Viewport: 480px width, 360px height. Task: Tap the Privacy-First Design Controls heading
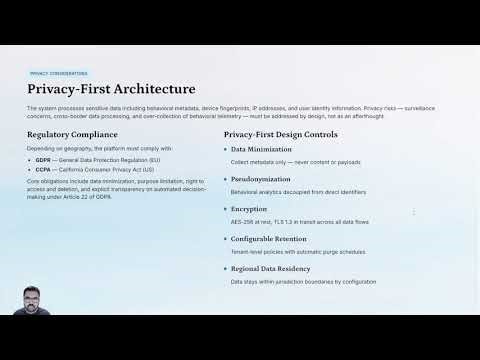pyautogui.click(x=280, y=134)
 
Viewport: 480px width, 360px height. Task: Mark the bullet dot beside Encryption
pyautogui.click(x=226, y=209)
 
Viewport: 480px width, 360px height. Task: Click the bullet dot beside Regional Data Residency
pyautogui.click(x=226, y=269)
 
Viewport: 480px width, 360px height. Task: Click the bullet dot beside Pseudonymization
pyautogui.click(x=226, y=179)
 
